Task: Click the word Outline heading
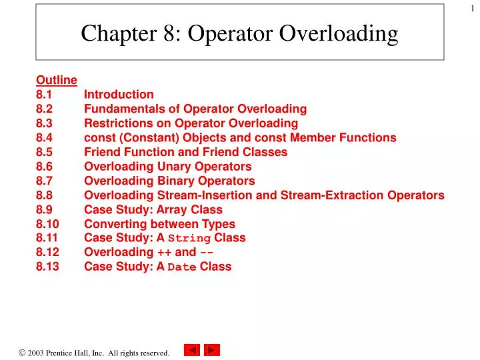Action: [x=57, y=80]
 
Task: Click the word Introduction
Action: [x=119, y=94]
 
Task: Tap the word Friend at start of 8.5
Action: [x=101, y=152]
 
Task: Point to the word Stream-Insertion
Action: [x=203, y=195]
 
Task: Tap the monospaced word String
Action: [x=189, y=238]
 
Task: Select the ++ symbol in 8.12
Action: [x=164, y=252]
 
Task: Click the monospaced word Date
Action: [x=181, y=267]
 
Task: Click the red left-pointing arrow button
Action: [x=192, y=350]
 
